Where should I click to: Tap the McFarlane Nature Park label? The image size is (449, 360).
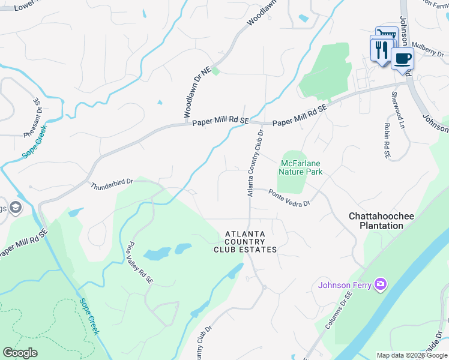[x=301, y=167]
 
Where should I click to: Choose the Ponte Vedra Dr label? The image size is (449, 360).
[x=289, y=198]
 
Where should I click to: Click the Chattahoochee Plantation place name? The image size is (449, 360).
[x=377, y=220]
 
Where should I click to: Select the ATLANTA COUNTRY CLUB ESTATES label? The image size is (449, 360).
[x=251, y=241]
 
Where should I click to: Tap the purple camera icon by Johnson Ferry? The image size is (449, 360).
[x=379, y=284]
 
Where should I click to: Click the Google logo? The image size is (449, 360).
[x=20, y=353]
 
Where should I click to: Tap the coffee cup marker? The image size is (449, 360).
[x=402, y=59]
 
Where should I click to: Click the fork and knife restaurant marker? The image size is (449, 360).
[x=381, y=50]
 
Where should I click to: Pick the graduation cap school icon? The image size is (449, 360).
[x=14, y=208]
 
